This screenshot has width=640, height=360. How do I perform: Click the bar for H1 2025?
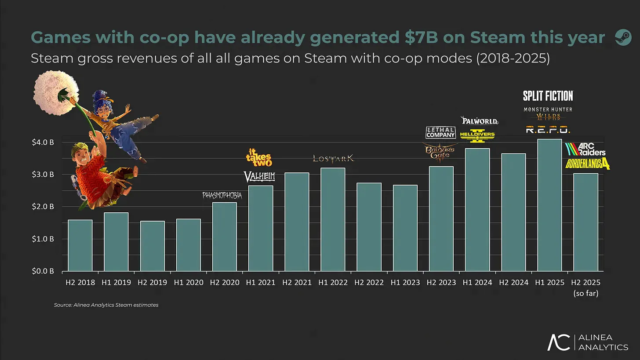coord(549,205)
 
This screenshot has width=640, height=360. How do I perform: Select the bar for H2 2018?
coord(80,245)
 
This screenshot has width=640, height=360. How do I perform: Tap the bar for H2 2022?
coord(369,227)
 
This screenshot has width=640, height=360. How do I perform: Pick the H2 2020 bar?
coord(224,236)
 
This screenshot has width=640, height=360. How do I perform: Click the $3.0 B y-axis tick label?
coord(43,175)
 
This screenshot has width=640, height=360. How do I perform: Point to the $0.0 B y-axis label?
coord(43,271)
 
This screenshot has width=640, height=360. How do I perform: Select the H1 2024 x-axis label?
coord(477,283)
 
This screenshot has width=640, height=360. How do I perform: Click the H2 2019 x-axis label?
coord(152,283)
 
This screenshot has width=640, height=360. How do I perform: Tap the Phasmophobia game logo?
coord(222,195)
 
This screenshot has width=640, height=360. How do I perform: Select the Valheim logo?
coord(259,177)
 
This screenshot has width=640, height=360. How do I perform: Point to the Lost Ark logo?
coord(333,158)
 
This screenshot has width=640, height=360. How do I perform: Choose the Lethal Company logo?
coord(440,133)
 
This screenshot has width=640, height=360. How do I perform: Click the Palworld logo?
coord(479,120)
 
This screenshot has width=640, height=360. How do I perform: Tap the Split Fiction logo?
coord(548,96)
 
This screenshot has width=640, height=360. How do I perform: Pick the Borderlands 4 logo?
coord(588,164)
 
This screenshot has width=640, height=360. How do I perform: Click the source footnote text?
coord(106,305)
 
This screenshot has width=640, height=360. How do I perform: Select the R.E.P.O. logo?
coord(548,130)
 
